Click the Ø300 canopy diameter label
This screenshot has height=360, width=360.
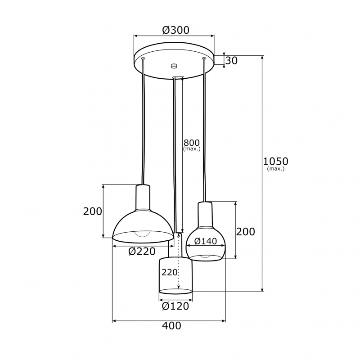point(175,30)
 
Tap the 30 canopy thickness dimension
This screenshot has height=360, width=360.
point(231,61)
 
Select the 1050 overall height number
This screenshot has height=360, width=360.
point(275,162)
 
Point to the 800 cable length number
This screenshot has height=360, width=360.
point(192,143)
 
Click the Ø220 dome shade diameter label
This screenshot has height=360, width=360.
point(142,252)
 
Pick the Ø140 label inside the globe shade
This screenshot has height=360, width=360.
point(206,241)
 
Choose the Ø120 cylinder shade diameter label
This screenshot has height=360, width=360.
point(175,306)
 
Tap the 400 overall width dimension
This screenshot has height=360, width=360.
point(172,325)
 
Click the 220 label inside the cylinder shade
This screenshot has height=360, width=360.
point(170,272)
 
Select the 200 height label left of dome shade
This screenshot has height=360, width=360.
point(92,211)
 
